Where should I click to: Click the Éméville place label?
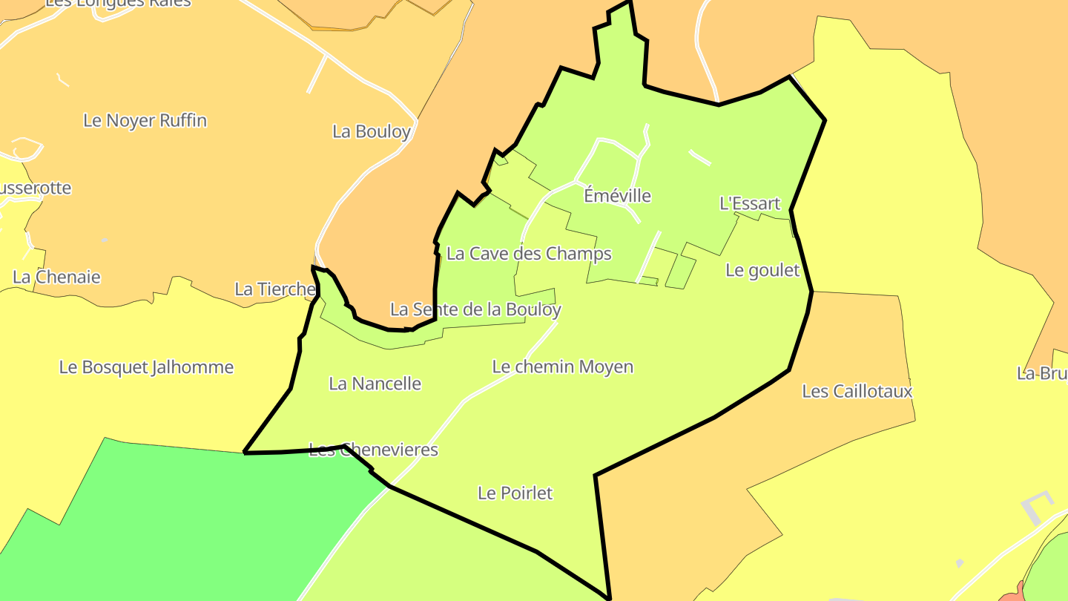(x=617, y=196)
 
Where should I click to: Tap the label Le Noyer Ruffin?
(x=145, y=120)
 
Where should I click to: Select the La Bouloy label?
(x=371, y=132)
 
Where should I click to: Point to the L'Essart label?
(x=750, y=203)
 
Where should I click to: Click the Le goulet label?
(x=762, y=270)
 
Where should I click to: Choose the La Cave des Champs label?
(x=529, y=254)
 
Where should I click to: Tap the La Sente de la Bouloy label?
(x=475, y=309)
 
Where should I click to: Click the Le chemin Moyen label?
(x=563, y=367)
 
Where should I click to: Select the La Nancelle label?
(x=375, y=384)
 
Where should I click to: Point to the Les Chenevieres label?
(x=373, y=450)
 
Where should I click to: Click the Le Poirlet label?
(x=515, y=493)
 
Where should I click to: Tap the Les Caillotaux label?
(x=857, y=391)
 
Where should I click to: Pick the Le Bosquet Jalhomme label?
(x=146, y=367)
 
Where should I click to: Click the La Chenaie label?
(x=56, y=277)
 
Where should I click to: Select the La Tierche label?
(x=274, y=289)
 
